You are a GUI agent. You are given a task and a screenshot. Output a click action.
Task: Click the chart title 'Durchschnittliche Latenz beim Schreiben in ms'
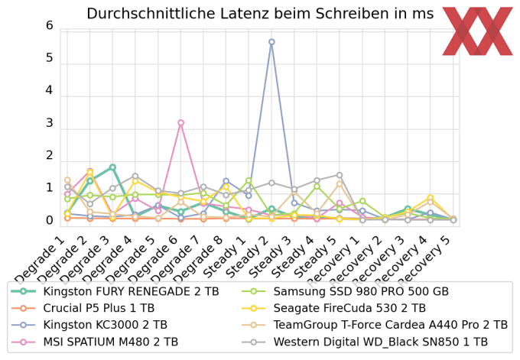260,14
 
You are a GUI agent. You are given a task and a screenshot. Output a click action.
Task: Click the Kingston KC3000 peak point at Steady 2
271,42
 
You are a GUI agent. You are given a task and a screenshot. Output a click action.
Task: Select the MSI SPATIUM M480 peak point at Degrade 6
180,122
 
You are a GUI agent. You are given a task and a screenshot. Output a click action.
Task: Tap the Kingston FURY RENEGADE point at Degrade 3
112,167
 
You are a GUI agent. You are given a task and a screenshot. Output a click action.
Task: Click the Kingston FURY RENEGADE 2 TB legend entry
119,290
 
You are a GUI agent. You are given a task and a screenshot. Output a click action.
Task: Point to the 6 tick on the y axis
50,26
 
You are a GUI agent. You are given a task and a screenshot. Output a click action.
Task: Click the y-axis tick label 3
50,123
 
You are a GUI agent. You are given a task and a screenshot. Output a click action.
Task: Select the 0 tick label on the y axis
50,221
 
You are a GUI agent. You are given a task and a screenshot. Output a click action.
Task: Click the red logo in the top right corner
478,31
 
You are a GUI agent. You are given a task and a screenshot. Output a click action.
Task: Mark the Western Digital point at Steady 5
340,175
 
